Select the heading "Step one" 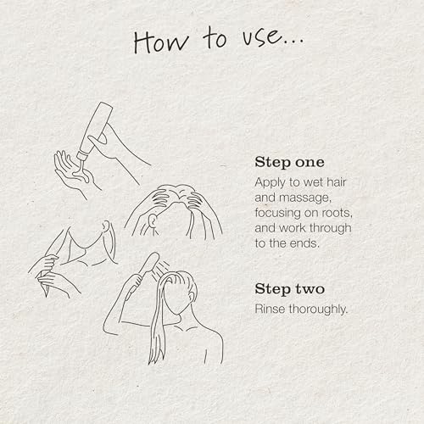[289, 162]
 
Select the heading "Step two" [290, 289]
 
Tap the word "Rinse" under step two [270, 309]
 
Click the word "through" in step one [331, 229]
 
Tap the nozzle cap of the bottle [83, 156]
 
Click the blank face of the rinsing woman [176, 298]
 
